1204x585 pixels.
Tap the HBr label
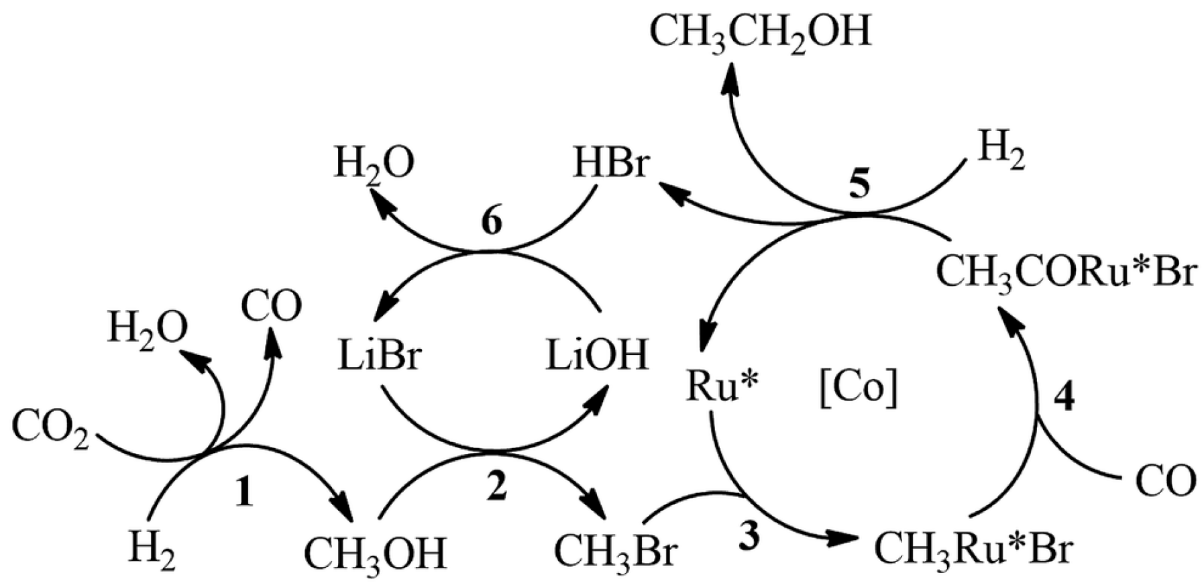coord(610,164)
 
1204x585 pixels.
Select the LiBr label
coord(380,356)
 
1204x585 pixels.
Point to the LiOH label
coord(597,356)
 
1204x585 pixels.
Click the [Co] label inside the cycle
coord(858,388)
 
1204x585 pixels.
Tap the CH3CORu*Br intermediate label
coord(1065,274)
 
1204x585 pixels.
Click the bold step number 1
coord(243,494)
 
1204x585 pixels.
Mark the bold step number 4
coord(1063,397)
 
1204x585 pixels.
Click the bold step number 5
coord(858,184)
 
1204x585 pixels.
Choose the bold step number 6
coord(492,221)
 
